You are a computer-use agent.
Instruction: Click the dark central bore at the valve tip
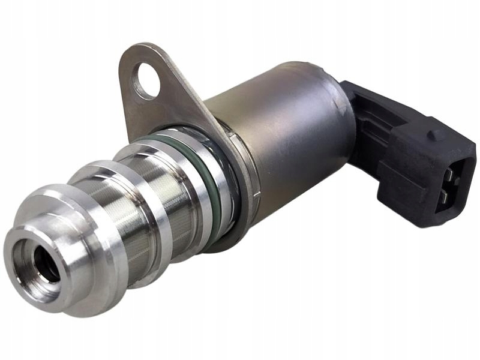(x=46, y=260)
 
